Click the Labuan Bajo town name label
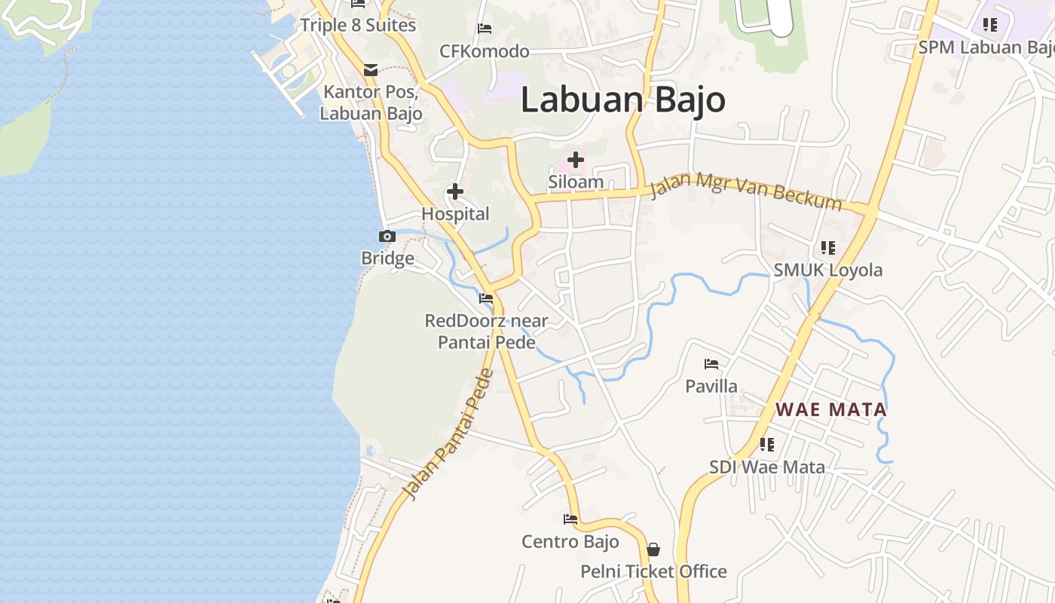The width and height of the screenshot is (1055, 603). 622,100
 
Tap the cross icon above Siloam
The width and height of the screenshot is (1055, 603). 576,160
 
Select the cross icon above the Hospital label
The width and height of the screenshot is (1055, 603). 455,191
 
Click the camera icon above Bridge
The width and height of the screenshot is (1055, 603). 387,237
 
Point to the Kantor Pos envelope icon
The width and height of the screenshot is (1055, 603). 371,70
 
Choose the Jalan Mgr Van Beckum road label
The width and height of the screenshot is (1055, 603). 745,191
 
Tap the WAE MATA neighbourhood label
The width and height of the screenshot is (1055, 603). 831,410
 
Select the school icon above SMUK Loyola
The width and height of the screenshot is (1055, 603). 828,248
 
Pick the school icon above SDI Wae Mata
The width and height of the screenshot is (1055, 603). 767,445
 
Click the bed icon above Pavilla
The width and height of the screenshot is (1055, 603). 711,364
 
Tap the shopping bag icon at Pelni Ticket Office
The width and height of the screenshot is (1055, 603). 653,549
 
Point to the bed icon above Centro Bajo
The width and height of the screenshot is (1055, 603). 570,519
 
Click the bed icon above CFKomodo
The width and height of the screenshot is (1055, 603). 485,29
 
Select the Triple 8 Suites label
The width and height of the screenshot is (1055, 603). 358,25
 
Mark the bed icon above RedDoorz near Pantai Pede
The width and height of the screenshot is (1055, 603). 486,298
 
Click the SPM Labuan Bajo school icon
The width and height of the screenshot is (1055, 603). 990,25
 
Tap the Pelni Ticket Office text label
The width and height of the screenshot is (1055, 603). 653,571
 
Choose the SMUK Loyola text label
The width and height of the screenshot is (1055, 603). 828,270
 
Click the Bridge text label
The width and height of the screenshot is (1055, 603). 387,259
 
